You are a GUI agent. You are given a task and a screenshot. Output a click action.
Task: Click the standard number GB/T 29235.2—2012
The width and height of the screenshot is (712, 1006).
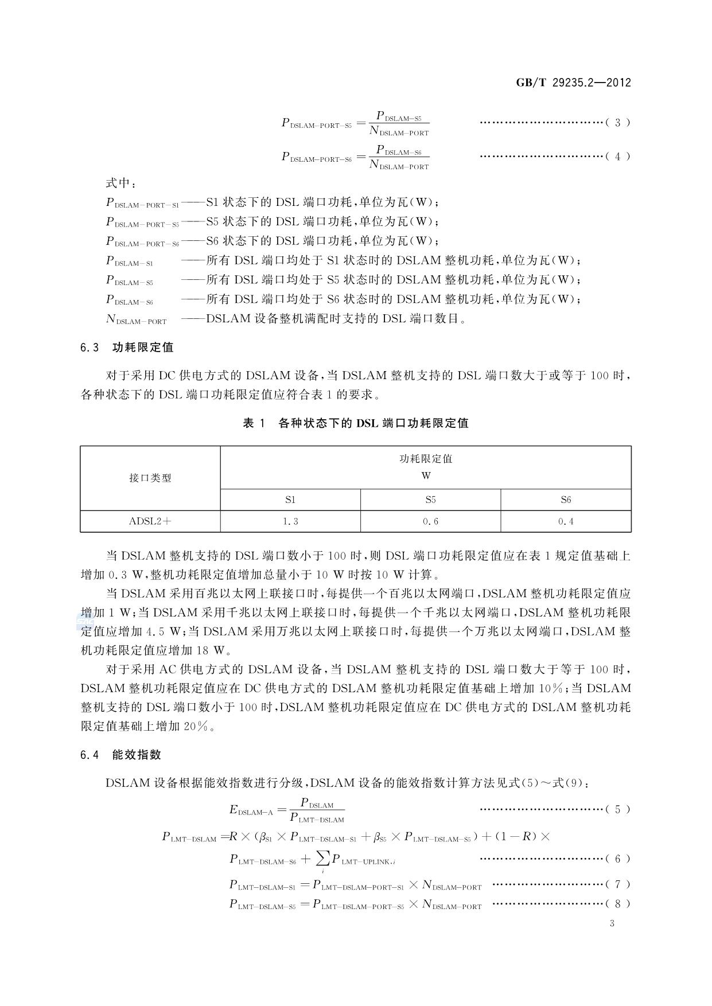coord(573,83)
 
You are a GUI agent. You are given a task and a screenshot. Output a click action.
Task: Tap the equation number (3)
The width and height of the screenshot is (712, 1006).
coord(617,123)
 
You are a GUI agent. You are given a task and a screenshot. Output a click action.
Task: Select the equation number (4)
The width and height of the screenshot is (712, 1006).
coord(617,157)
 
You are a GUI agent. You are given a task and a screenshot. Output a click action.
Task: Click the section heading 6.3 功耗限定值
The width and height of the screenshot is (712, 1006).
coord(127,348)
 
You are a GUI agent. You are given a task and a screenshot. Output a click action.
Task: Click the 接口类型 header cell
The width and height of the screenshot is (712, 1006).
coord(150,478)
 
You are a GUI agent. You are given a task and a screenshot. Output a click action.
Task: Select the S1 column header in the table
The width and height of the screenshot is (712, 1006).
coord(290,500)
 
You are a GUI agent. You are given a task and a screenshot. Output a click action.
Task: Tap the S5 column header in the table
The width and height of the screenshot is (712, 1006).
coord(430,500)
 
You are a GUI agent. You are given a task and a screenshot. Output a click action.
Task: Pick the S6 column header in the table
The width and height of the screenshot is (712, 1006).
coord(566,500)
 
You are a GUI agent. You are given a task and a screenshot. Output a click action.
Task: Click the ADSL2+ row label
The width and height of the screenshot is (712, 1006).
coord(150,521)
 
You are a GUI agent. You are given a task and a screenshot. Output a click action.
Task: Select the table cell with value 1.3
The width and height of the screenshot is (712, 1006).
coord(290,521)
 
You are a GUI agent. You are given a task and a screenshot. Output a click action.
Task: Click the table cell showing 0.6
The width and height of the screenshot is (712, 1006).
coord(430,521)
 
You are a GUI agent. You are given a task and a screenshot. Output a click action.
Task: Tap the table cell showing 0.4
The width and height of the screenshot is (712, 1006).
coord(566,521)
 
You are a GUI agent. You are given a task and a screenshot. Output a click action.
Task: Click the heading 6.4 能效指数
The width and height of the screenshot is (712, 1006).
coord(121,755)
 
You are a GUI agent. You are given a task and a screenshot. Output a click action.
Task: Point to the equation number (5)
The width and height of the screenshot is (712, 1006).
coord(617,809)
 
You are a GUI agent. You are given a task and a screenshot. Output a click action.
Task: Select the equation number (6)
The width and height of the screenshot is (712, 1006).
coord(617,859)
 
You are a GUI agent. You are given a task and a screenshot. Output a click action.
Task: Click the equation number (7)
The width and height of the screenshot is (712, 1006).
coord(617,884)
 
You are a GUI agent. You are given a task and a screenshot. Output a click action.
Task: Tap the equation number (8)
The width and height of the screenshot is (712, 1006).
coord(617,904)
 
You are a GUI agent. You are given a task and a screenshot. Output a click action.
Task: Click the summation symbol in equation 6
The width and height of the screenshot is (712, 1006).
coord(323,858)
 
